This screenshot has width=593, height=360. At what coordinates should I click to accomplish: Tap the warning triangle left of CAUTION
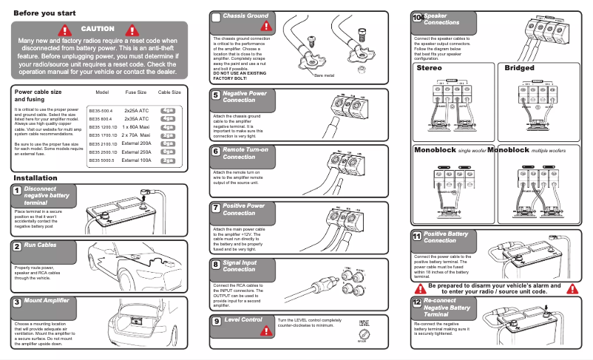67,30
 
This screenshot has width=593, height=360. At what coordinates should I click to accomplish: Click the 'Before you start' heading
44,13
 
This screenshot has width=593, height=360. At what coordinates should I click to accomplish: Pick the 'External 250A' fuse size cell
137,151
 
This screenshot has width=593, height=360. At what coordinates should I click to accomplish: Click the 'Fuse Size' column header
135,92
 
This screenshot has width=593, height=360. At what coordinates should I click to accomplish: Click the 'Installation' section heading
35,178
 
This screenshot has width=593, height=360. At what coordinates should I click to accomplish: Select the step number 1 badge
16,191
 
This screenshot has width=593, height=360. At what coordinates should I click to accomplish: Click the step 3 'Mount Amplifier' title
46,301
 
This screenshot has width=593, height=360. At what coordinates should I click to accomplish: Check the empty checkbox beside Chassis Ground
215,16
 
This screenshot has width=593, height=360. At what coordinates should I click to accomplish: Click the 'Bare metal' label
324,75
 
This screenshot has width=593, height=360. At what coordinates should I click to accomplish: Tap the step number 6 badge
214,151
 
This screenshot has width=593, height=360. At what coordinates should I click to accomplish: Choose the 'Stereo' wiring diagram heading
429,68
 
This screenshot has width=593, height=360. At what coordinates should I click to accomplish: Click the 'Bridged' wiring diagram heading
519,68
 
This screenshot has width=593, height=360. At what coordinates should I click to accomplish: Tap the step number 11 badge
416,236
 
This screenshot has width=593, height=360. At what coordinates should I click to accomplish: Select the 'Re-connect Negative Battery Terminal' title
447,308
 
